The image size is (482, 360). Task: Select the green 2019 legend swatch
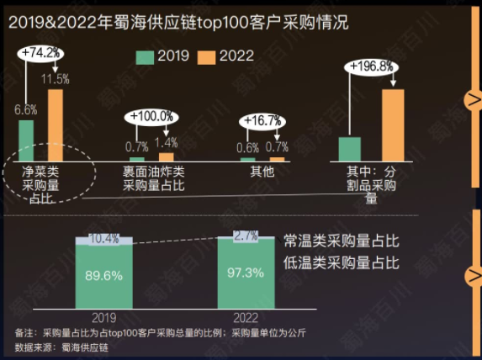[145, 57]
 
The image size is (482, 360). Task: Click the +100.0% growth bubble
[151, 116]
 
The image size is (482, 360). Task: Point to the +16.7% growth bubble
[262, 121]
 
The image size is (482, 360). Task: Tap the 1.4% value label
[167, 143]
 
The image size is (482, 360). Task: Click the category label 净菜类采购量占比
[40, 183]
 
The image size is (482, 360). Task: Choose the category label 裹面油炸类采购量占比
[154, 177]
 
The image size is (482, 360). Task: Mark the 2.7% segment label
[246, 236]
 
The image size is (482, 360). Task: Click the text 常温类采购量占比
[340, 241]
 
